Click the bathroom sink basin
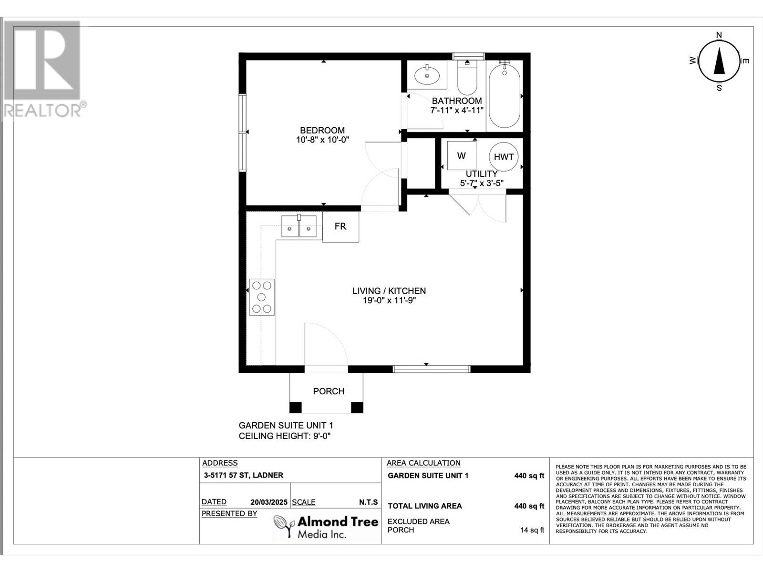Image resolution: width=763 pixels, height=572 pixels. coord(427,75)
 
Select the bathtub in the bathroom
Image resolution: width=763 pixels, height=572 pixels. coord(505,96)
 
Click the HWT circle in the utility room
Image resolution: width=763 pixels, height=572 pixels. coord(503,157)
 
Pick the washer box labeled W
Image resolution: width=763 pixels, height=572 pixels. coord(461,155)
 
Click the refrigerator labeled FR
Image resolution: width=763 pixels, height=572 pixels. coord(340,226)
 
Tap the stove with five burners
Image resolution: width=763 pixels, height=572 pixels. coord(261,297)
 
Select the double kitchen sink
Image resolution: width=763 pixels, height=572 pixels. coord(299,226)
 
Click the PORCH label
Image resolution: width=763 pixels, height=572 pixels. coord(329,391)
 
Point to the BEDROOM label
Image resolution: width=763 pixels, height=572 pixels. coord(322,130)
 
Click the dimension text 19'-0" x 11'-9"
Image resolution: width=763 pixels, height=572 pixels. coord(389,300)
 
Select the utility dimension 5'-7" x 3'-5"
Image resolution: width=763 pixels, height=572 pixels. coord(482,183)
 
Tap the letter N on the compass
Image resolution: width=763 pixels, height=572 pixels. coord(719,35)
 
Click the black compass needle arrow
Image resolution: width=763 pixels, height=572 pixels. coord(719,62)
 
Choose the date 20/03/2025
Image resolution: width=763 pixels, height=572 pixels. coord(268,502)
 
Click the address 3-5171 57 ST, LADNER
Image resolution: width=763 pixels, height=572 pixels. coord(243,475)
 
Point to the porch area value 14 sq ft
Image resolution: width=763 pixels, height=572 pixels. coord(532,530)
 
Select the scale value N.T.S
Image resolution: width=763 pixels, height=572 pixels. coord(368,502)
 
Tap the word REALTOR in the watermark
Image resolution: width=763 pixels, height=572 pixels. coord(42,111)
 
